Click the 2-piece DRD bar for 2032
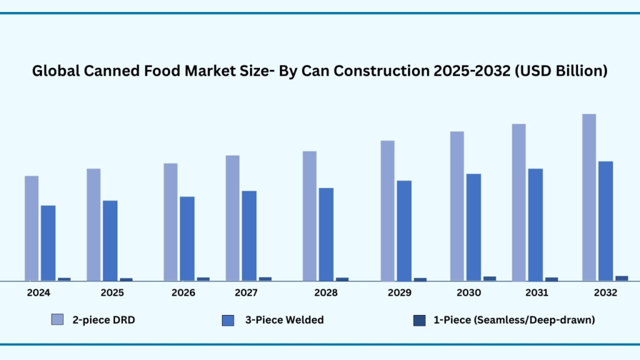tap(589, 197)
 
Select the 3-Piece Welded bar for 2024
tap(48, 243)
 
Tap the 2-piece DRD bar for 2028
tap(309, 216)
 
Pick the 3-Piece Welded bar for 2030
tap(474, 227)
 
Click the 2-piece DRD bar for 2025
tap(94, 225)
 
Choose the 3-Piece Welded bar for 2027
tap(249, 236)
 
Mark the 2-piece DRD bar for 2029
tap(387, 211)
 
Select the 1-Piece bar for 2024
tap(64, 279)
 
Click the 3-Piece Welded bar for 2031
tap(536, 225)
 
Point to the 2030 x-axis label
tap(469, 292)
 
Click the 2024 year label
tap(38, 292)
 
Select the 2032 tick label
tap(605, 292)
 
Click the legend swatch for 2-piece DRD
tap(57, 320)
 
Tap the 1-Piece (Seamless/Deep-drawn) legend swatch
tap(419, 320)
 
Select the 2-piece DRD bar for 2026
tap(171, 222)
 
